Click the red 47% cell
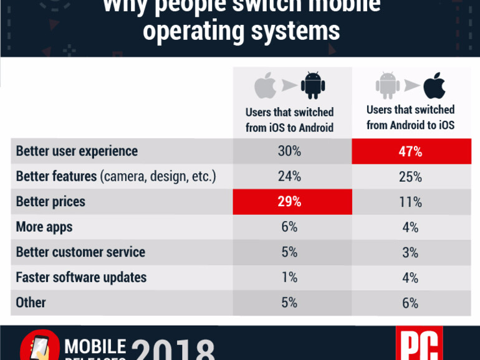pos(411,151)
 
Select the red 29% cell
pos(289,202)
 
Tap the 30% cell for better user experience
pos(289,151)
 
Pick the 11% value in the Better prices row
pos(411,202)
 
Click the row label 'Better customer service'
pos(80,252)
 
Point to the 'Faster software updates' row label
pos(81,277)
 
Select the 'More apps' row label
pos(44,227)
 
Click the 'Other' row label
pos(31,303)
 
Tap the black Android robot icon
pos(313,86)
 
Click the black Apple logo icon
pos(434,86)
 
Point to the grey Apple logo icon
pos(264,86)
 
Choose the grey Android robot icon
pos(386,86)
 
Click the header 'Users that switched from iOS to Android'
pos(289,120)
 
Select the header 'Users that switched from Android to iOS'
pos(410,117)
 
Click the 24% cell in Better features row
pos(289,177)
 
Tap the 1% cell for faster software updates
pos(289,277)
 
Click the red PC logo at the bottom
pos(418,344)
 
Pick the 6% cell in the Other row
pos(411,303)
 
